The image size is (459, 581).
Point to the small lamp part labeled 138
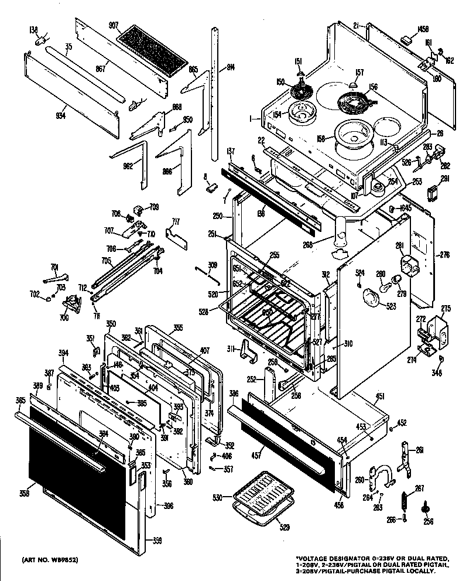(42, 42)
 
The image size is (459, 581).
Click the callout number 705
(107, 261)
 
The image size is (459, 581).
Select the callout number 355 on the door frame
(178, 327)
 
